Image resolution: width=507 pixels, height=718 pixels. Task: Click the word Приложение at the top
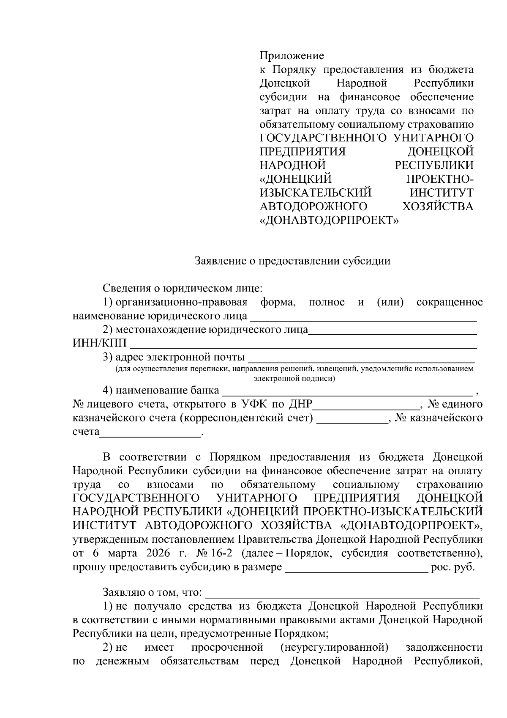292,56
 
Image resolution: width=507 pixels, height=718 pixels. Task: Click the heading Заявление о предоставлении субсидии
292,261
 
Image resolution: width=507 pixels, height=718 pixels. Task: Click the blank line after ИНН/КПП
302,345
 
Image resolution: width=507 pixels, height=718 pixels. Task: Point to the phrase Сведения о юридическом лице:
183,289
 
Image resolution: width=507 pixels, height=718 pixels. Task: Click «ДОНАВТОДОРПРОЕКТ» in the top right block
329,220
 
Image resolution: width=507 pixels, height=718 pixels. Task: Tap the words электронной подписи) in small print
294,378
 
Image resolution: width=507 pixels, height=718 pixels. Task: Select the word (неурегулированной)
334,647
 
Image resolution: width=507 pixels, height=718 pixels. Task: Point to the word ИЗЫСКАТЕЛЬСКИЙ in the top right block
316,193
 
